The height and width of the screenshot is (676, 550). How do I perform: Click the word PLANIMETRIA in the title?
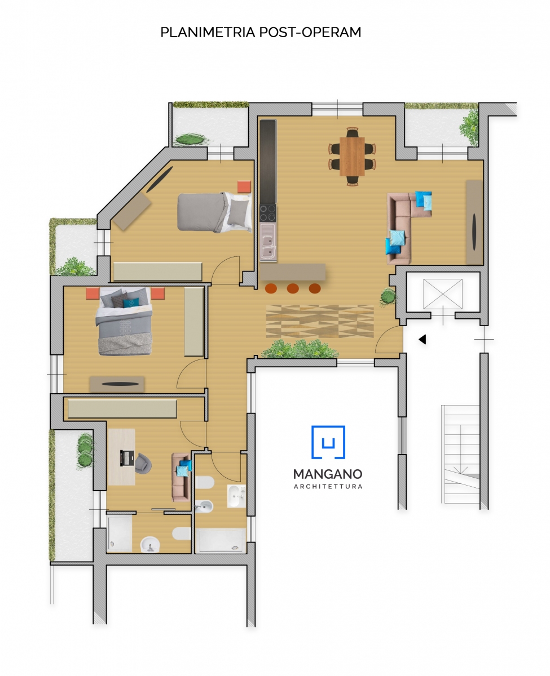[x=208, y=32]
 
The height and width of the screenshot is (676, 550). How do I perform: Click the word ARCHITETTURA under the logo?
[x=328, y=487]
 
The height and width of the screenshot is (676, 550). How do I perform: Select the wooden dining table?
[x=352, y=157]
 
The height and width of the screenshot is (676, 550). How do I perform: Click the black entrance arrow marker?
[x=423, y=339]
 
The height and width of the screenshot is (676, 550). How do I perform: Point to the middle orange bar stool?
[x=293, y=288]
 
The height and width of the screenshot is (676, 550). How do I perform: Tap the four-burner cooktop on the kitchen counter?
[x=268, y=214]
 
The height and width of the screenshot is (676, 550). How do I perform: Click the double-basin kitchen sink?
[x=268, y=242]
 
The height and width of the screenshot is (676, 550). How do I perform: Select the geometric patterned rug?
[x=320, y=321]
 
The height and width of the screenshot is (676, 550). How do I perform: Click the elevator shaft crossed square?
[x=443, y=294]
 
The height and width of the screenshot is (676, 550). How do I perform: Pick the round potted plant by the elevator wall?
[x=388, y=297]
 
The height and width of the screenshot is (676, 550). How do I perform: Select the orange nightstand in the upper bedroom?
[x=244, y=186]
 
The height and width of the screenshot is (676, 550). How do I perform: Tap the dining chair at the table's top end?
[x=353, y=132]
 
